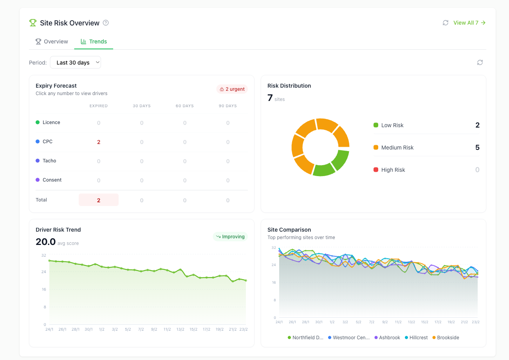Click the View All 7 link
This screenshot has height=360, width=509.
tap(469, 23)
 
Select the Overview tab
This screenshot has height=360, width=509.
tap(52, 41)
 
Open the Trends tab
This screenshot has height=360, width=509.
tap(94, 41)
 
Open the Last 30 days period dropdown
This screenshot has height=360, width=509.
tap(76, 63)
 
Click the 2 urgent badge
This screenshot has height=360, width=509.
tap(232, 89)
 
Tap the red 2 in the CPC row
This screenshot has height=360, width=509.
tap(99, 142)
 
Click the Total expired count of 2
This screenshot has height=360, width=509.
tap(99, 200)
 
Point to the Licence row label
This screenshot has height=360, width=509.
tap(51, 122)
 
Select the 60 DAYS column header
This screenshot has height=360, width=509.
tap(185, 106)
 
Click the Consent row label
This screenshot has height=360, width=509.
tap(52, 180)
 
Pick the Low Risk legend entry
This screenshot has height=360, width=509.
tap(392, 125)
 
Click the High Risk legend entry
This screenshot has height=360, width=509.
tap(393, 170)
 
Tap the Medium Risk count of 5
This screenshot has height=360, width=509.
tap(477, 148)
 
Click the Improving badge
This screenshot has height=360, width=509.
tap(230, 237)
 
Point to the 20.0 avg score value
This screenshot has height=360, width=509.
tap(46, 242)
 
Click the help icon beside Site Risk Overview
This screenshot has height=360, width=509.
tap(106, 23)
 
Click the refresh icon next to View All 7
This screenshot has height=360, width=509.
tap(446, 23)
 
